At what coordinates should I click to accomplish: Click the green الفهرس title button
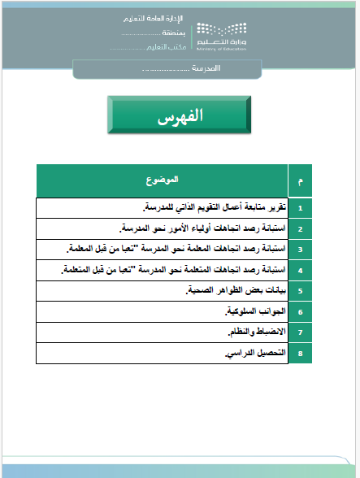click(x=180, y=116)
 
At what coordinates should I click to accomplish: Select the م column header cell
click(x=301, y=179)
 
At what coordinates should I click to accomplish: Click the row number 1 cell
click(x=301, y=208)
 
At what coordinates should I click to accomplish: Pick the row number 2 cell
click(x=301, y=228)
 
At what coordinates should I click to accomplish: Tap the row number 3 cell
click(x=301, y=249)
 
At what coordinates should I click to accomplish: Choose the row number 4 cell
click(x=301, y=269)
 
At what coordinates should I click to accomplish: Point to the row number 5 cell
click(x=301, y=290)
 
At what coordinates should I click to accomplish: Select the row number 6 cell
click(x=301, y=311)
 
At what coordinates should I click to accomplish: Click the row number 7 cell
click(x=301, y=332)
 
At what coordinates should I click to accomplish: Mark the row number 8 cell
click(x=301, y=354)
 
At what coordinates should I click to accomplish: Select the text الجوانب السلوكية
click(x=253, y=311)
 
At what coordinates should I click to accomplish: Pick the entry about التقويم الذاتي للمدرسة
click(x=214, y=208)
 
